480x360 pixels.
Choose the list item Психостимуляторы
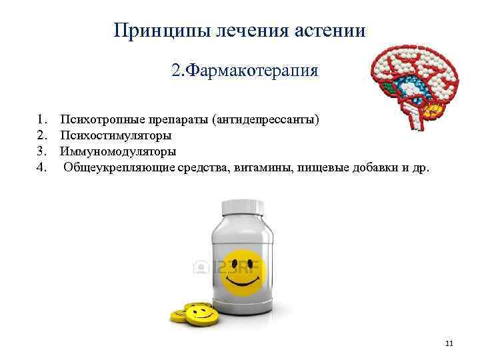(x=115, y=135)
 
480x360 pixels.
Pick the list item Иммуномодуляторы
(x=118, y=151)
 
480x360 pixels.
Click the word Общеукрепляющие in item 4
(x=119, y=167)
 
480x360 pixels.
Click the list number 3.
(x=41, y=151)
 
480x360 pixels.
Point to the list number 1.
(x=41, y=120)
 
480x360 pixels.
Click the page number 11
(x=448, y=343)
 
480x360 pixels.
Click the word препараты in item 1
(x=171, y=120)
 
